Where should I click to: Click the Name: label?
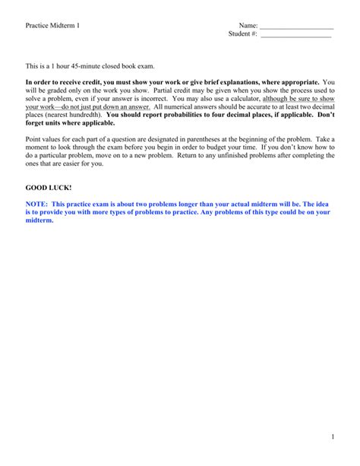(x=248, y=26)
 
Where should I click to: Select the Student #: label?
(x=243, y=34)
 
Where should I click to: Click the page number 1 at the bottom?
(x=332, y=436)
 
